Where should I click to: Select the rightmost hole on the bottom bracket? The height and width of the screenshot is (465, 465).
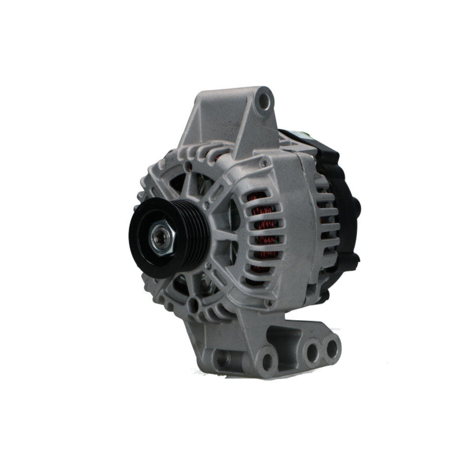(x=332, y=348)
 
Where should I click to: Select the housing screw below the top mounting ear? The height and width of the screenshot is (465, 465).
(x=264, y=162)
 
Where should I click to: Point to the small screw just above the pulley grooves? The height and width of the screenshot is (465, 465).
(x=206, y=205)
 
